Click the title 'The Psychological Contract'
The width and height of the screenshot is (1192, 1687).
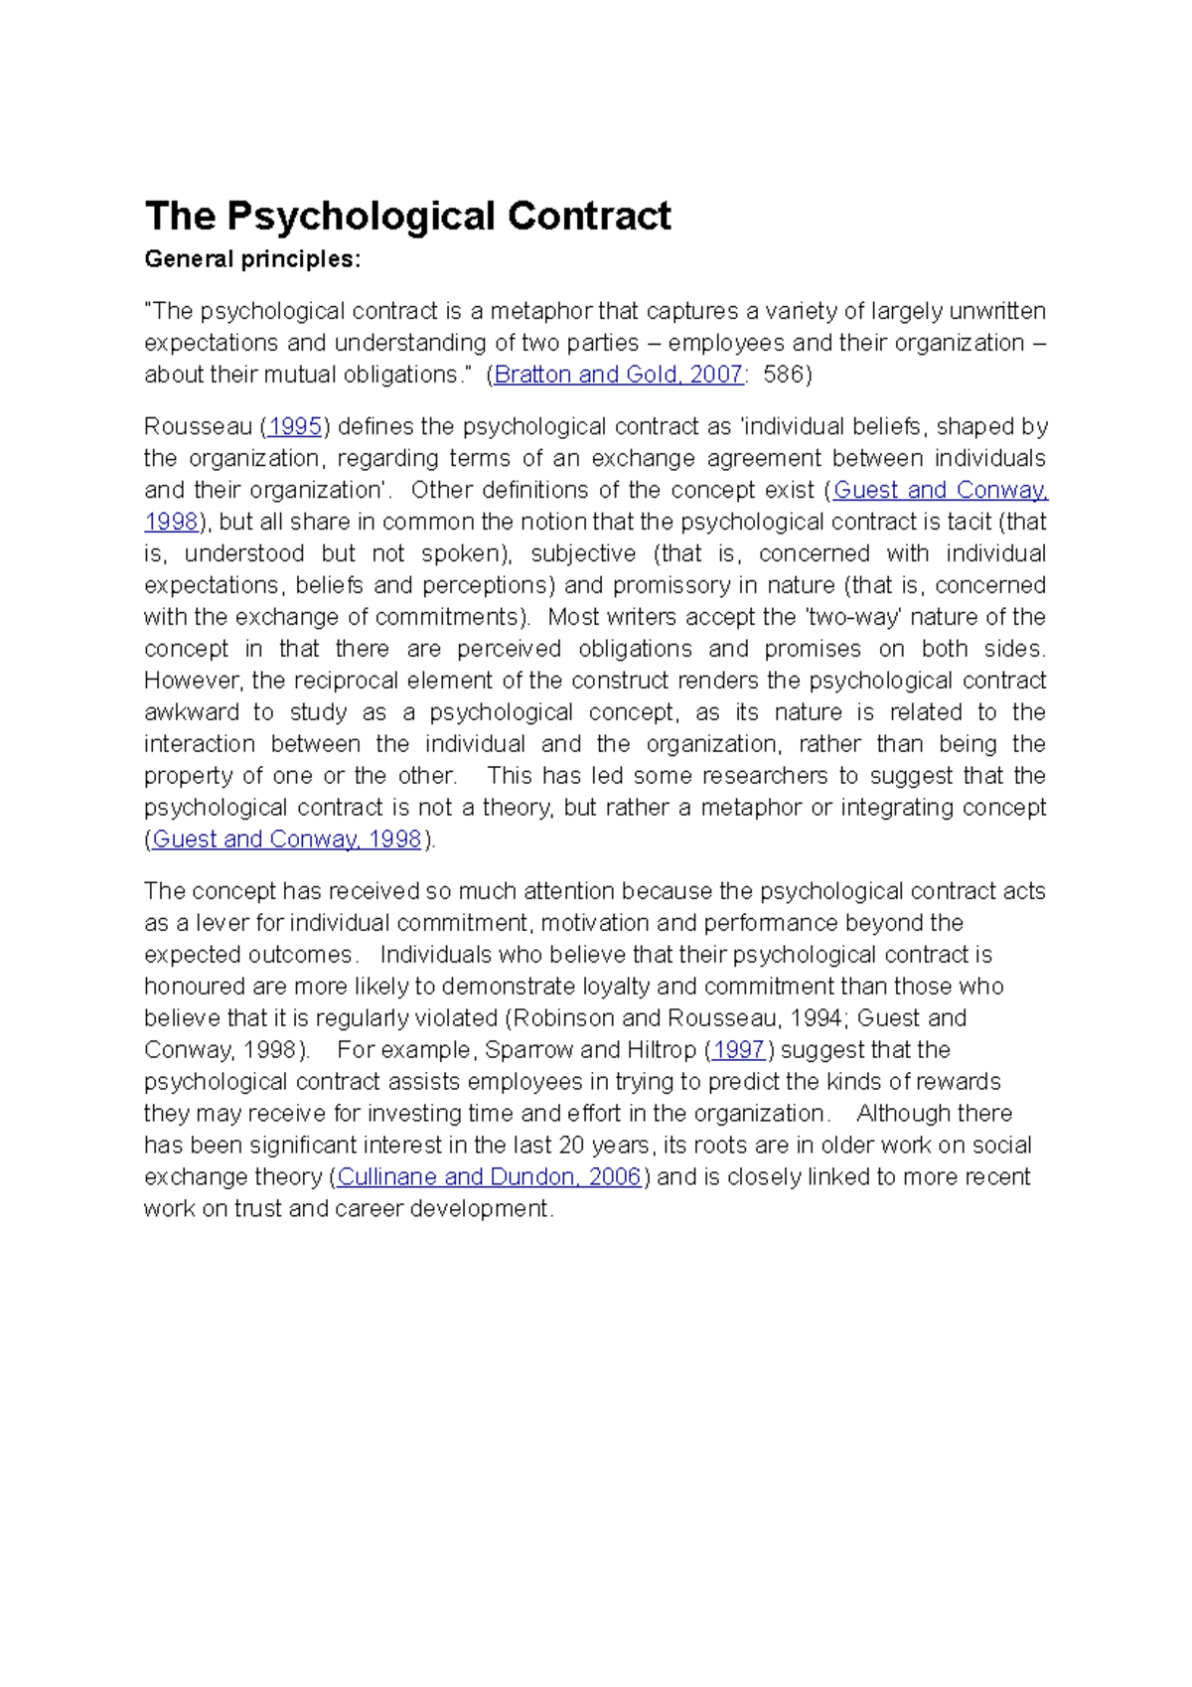407,216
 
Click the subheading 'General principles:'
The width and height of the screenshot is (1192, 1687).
252,259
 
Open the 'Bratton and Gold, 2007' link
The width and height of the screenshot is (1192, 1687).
618,375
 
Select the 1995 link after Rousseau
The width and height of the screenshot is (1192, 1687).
295,426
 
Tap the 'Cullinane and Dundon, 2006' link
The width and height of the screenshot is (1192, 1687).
489,1176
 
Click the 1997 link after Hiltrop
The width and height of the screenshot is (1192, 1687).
738,1049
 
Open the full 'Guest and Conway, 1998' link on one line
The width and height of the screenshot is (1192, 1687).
286,839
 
